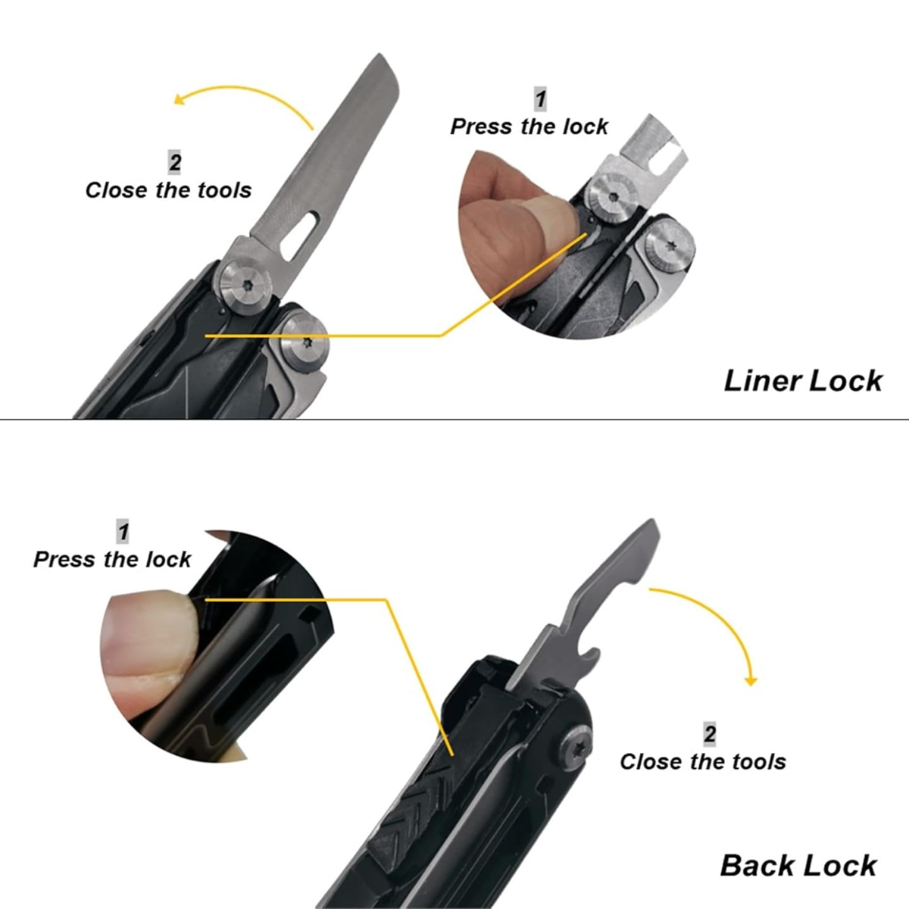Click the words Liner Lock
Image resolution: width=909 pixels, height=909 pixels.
pyautogui.click(x=803, y=381)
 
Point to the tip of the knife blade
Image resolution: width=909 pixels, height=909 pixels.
pyautogui.click(x=379, y=55)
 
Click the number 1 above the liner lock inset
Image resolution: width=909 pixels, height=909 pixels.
pyautogui.click(x=541, y=99)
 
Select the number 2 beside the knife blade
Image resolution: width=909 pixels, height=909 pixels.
pyautogui.click(x=175, y=163)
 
